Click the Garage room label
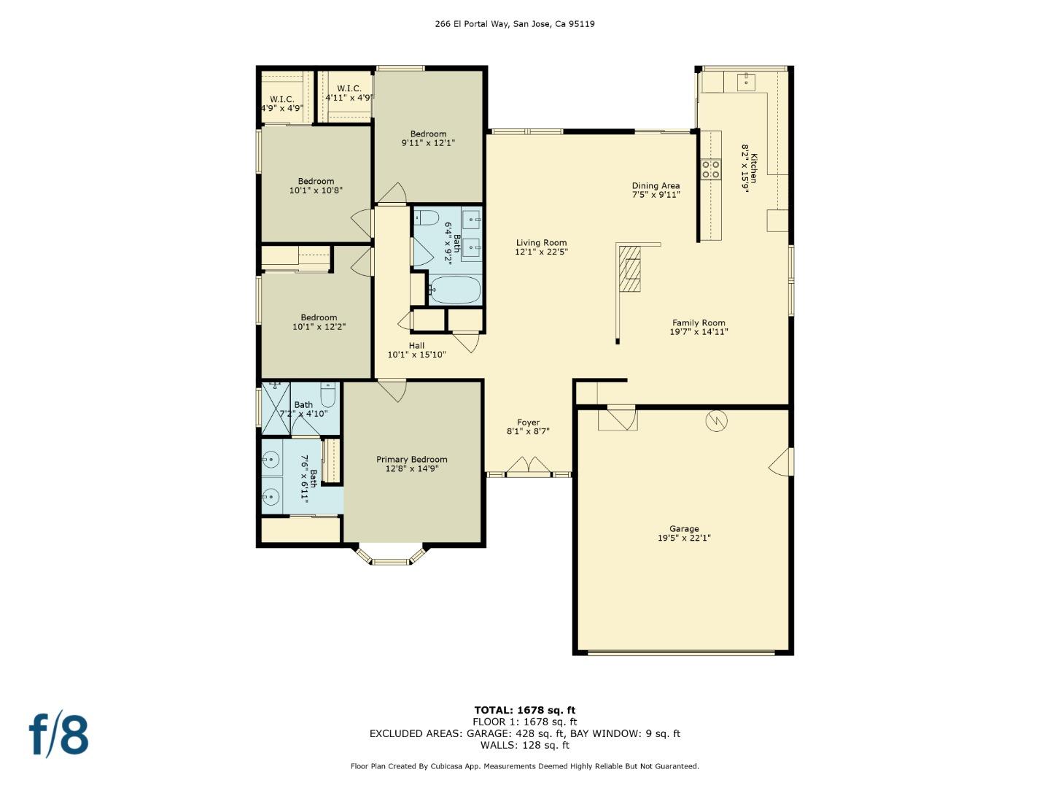[684, 529]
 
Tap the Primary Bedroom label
[412, 460]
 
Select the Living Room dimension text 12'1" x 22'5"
[541, 252]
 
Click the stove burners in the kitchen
[710, 169]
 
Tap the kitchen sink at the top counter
[745, 81]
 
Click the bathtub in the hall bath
[454, 291]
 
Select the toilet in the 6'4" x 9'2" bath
[427, 217]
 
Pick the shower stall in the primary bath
[276, 409]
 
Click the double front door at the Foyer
[529, 467]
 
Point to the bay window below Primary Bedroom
[390, 556]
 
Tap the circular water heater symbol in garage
[716, 421]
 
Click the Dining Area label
[656, 186]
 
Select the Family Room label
[699, 323]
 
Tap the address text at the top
[515, 24]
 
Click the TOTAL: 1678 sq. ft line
[525, 710]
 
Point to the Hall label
[416, 346]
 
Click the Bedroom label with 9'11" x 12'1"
[428, 134]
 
